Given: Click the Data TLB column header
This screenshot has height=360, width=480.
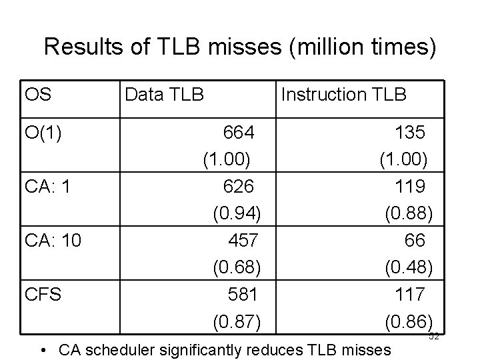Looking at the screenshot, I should coord(164,95).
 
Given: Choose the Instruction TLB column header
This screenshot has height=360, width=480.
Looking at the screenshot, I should coord(343,95).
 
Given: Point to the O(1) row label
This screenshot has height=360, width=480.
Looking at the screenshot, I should coord(43,133).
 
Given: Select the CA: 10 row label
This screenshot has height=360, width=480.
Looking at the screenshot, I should coord(53,239).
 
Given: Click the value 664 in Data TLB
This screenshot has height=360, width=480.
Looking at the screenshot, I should coord(238,133).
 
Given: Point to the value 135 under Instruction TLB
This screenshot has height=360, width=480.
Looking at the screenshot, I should coord(409,133).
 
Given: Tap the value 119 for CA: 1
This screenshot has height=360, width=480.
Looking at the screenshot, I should coord(410,186).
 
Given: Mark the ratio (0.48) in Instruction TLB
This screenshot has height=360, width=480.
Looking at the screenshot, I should coord(408,267).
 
